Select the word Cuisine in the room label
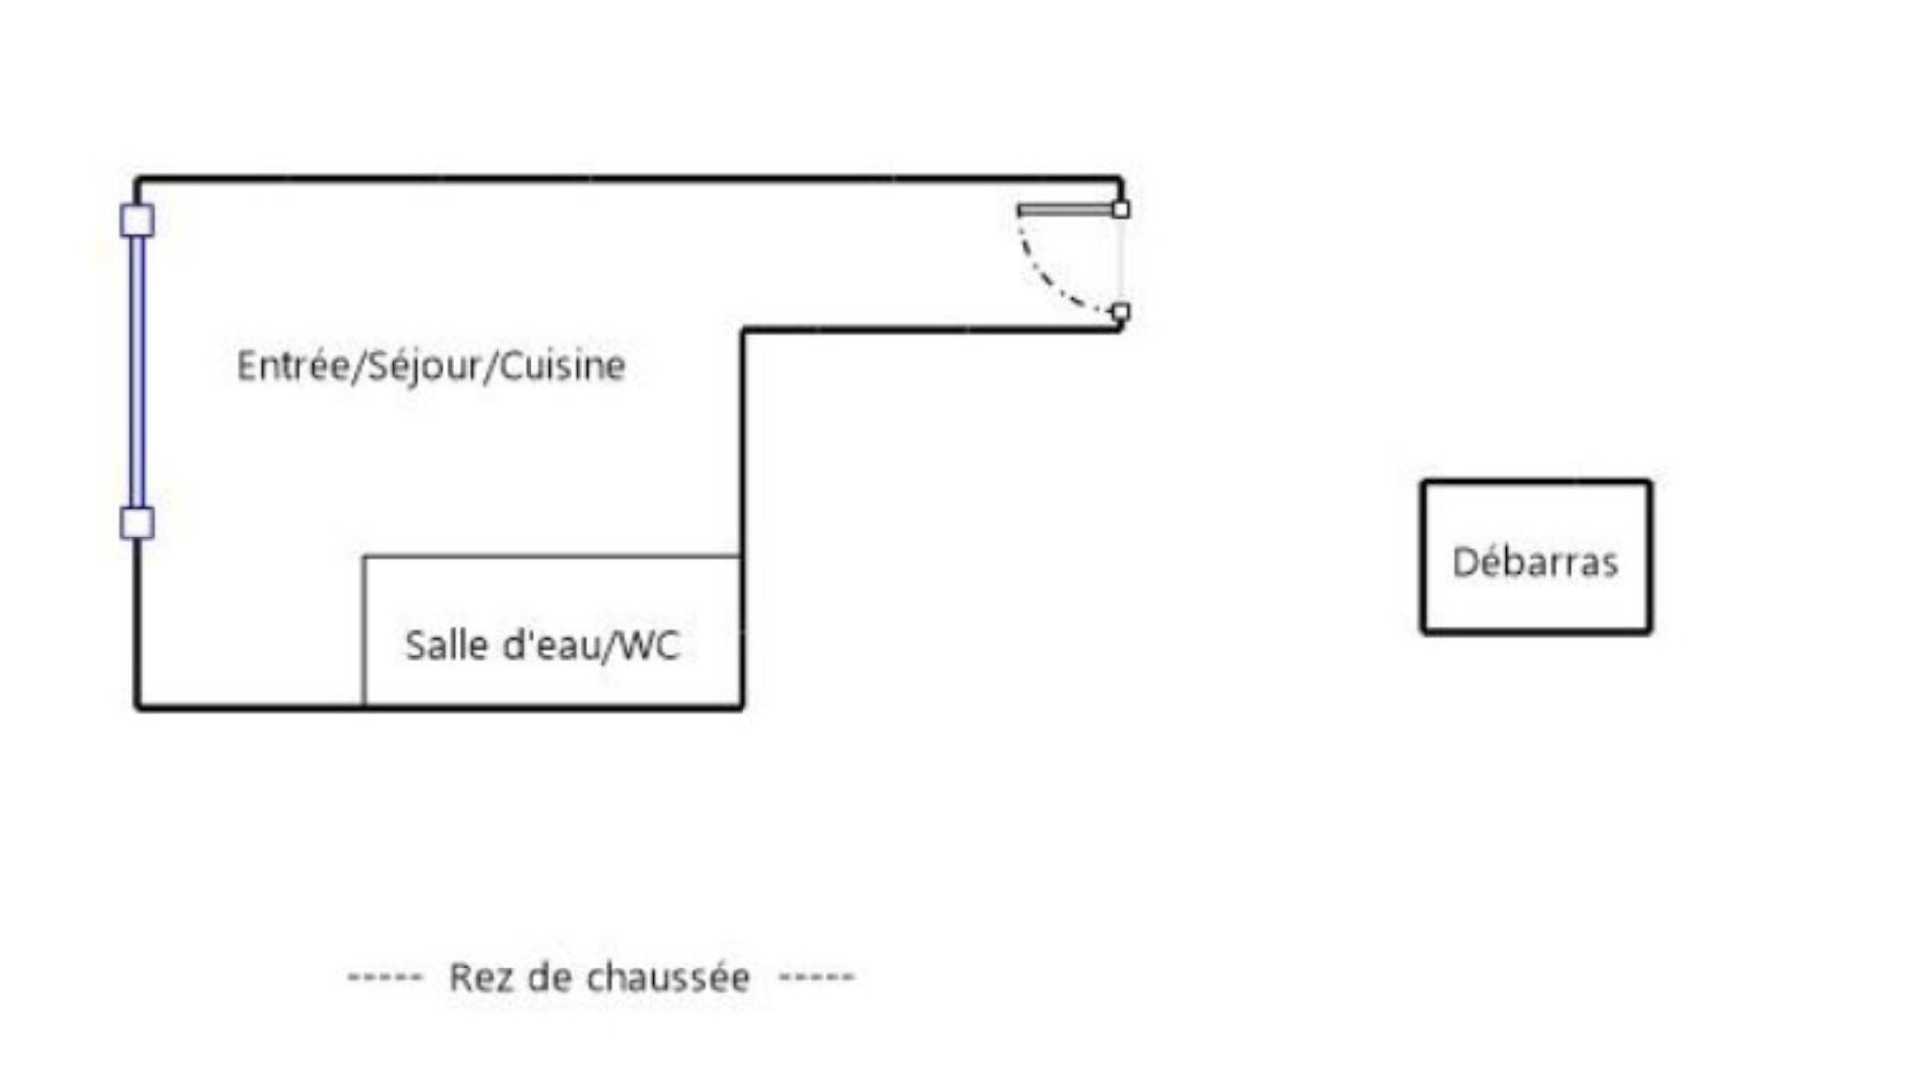pyautogui.click(x=561, y=366)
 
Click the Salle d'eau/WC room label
pyautogui.click(x=541, y=645)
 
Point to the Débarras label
pyautogui.click(x=1535, y=562)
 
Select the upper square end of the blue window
pyautogui.click(x=137, y=220)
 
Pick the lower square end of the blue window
pyautogui.click(x=137, y=523)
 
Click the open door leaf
pyautogui.click(x=1065, y=210)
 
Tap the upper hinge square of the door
pyautogui.click(x=1121, y=210)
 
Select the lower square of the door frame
pyautogui.click(x=1121, y=312)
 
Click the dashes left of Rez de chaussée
pyautogui.click(x=385, y=977)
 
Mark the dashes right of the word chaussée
pyautogui.click(x=816, y=977)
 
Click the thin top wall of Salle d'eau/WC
pyautogui.click(x=552, y=557)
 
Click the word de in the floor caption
pyautogui.click(x=546, y=977)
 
